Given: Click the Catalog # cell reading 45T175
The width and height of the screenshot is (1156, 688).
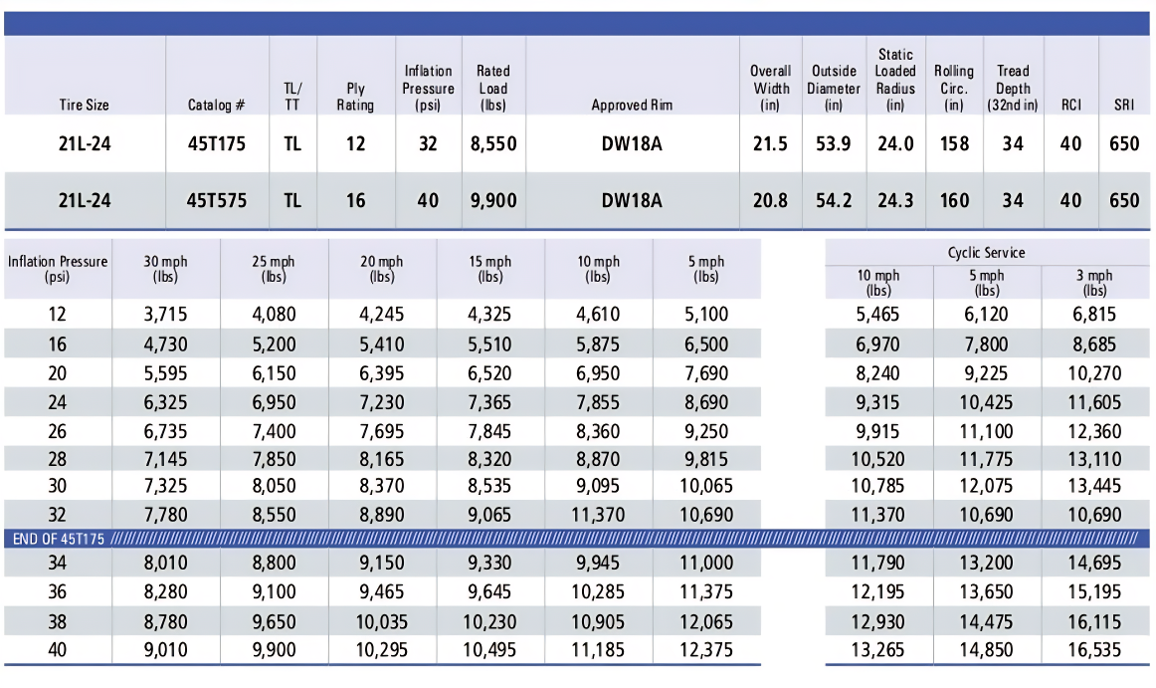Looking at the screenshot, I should point(216,144).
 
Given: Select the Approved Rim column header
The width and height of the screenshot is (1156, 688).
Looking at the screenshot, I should point(632,105).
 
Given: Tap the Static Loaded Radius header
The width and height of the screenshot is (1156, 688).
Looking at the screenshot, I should point(895,80).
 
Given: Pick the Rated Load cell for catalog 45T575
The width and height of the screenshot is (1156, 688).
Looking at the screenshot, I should point(492,200).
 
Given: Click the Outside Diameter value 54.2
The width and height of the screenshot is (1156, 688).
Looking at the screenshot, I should point(833,200).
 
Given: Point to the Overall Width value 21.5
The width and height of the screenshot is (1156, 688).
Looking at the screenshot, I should point(770,144).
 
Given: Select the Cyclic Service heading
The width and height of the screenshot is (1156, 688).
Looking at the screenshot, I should point(986,253).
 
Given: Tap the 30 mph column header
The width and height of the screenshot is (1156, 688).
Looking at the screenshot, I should point(165,270).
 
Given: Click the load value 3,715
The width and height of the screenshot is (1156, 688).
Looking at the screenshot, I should point(165,315).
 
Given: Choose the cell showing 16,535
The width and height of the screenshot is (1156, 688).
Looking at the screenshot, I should point(1093,650).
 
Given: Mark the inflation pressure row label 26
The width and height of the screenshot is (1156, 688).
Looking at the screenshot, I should point(57,432).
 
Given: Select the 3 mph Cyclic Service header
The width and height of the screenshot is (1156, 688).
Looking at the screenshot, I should point(1093,283).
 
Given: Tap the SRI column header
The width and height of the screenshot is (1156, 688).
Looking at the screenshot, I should point(1124,105).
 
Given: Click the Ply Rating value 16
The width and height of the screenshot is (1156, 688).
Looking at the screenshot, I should point(355,200).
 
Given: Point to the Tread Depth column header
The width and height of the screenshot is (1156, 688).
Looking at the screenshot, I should point(1013,88).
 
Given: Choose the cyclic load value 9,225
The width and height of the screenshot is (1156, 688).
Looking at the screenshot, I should point(986,374).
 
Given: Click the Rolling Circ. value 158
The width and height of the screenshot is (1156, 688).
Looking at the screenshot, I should point(954,144).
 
